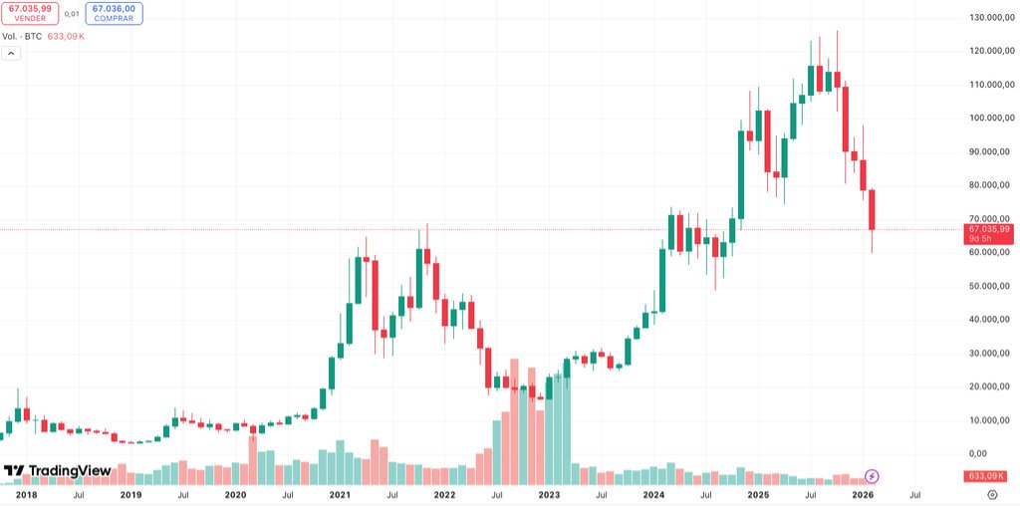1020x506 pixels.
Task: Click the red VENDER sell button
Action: (30, 13)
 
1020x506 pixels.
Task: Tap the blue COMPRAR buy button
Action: (114, 13)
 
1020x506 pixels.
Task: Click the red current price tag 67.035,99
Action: (990, 229)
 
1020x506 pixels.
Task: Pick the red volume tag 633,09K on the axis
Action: (990, 476)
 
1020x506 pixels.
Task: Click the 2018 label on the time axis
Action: (27, 494)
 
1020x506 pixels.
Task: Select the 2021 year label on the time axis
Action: (340, 494)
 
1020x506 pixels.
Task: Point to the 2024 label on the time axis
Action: (653, 494)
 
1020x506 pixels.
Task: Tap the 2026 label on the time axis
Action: (863, 494)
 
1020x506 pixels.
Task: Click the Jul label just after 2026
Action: (914, 494)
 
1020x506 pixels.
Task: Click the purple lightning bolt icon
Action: (873, 476)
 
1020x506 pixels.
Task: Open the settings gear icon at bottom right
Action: (992, 494)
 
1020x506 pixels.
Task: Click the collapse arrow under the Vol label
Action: (12, 54)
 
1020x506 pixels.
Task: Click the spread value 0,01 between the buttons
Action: (72, 14)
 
